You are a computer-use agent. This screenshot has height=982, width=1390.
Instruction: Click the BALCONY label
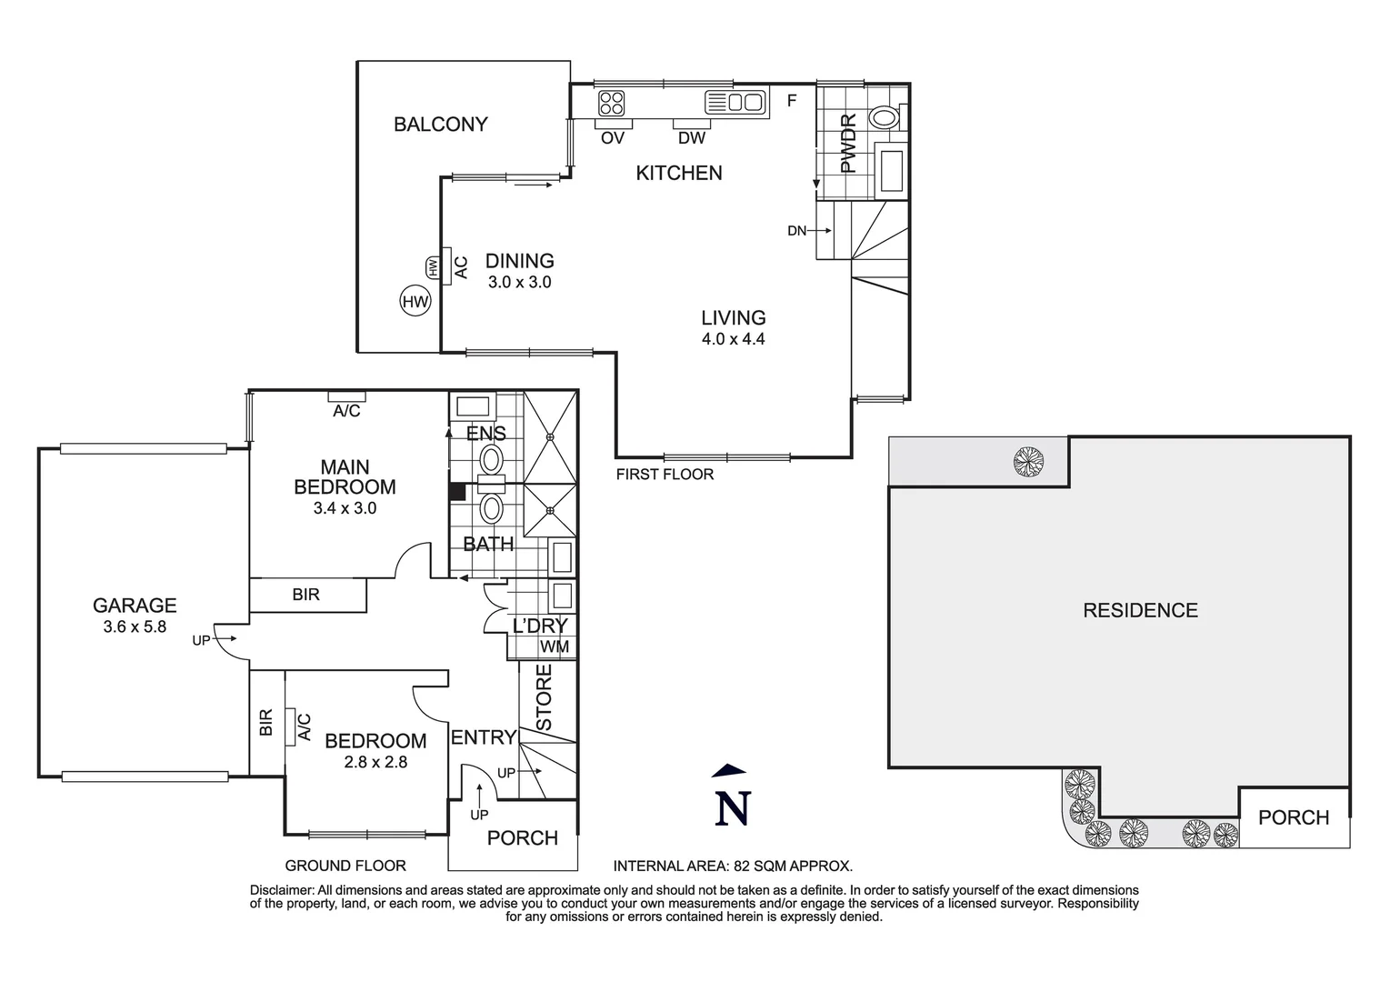tap(440, 125)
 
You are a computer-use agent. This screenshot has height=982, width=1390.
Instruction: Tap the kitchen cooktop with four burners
tap(612, 102)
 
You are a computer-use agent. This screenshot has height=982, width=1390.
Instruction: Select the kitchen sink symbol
tap(735, 102)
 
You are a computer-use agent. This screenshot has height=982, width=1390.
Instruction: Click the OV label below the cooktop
tap(613, 138)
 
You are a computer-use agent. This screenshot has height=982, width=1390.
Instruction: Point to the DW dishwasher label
tap(692, 138)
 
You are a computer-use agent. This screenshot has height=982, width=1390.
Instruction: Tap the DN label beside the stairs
tap(796, 231)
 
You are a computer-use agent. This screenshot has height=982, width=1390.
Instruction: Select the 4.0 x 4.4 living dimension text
tap(733, 339)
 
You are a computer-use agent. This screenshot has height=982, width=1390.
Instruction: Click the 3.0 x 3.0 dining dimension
tap(519, 283)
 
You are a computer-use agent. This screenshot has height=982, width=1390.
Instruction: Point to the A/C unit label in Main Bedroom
tap(346, 411)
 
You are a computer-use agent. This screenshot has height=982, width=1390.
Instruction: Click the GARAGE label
tap(135, 606)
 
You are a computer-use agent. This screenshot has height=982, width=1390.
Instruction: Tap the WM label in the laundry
tap(555, 646)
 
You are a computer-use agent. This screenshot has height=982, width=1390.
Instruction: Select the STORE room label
tap(544, 697)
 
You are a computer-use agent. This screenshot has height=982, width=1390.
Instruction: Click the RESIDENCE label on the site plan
tap(1140, 611)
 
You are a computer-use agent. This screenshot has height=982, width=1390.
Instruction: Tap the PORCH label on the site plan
tap(1293, 817)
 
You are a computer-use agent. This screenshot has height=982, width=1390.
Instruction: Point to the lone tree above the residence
tap(1028, 463)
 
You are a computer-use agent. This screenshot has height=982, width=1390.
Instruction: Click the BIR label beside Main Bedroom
tap(306, 595)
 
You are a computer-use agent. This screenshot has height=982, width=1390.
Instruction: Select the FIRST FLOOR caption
tap(665, 474)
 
